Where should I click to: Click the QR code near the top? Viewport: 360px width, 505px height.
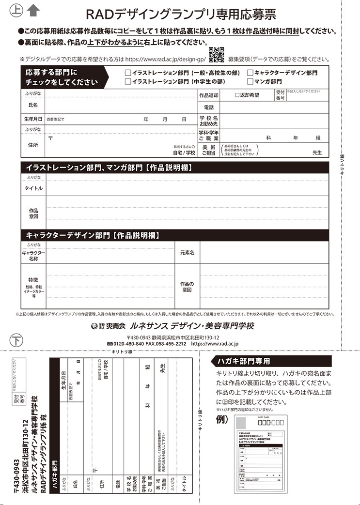[x=216, y=55]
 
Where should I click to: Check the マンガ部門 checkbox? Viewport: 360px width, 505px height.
[x=250, y=81]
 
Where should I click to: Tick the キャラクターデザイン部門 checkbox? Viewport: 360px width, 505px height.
[x=250, y=73]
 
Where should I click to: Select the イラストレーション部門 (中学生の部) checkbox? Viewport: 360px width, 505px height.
[x=128, y=81]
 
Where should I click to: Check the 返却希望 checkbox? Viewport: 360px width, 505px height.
[x=237, y=95]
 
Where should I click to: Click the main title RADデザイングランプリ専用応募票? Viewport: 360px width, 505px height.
[x=180, y=15]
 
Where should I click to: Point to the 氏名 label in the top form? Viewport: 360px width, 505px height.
[x=33, y=105]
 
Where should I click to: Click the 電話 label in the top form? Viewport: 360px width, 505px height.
[x=209, y=107]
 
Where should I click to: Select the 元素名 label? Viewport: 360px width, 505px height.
[x=187, y=253]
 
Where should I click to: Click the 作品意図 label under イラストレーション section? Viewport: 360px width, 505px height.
[x=33, y=214]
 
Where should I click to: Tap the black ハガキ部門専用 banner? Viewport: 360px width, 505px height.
[x=272, y=361]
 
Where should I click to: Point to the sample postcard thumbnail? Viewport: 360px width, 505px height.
[x=260, y=455]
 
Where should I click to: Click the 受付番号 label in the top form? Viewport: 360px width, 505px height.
[x=280, y=95]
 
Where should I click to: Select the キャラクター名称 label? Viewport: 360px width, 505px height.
[x=33, y=256]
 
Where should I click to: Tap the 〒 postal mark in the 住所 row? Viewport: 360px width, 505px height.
[x=50, y=138]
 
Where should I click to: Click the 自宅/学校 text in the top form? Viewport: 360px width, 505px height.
[x=184, y=153]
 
